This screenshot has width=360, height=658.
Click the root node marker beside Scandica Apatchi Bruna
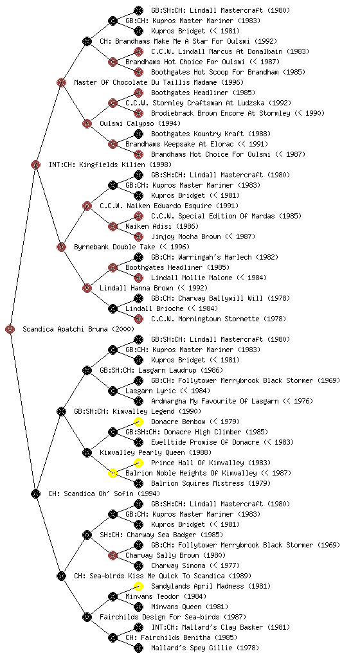10,330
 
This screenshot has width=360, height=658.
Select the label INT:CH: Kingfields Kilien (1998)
110,165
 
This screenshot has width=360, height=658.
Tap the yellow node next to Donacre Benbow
138,422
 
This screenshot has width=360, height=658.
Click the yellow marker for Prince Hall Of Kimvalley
138,463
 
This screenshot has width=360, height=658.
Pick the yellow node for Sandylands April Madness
138,586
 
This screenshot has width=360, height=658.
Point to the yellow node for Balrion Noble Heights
113,474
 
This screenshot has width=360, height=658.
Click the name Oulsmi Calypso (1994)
140,124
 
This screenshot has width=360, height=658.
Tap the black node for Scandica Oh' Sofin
35,494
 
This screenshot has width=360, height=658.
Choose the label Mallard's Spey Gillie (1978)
205,648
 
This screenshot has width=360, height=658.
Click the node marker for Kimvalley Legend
61,412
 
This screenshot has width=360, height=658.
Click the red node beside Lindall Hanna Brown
87,289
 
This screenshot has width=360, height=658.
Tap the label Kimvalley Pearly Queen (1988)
156,453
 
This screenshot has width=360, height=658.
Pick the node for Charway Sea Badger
87,535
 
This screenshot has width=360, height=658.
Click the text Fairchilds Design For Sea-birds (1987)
174,618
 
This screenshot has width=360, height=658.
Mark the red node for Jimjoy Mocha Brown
138,236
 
